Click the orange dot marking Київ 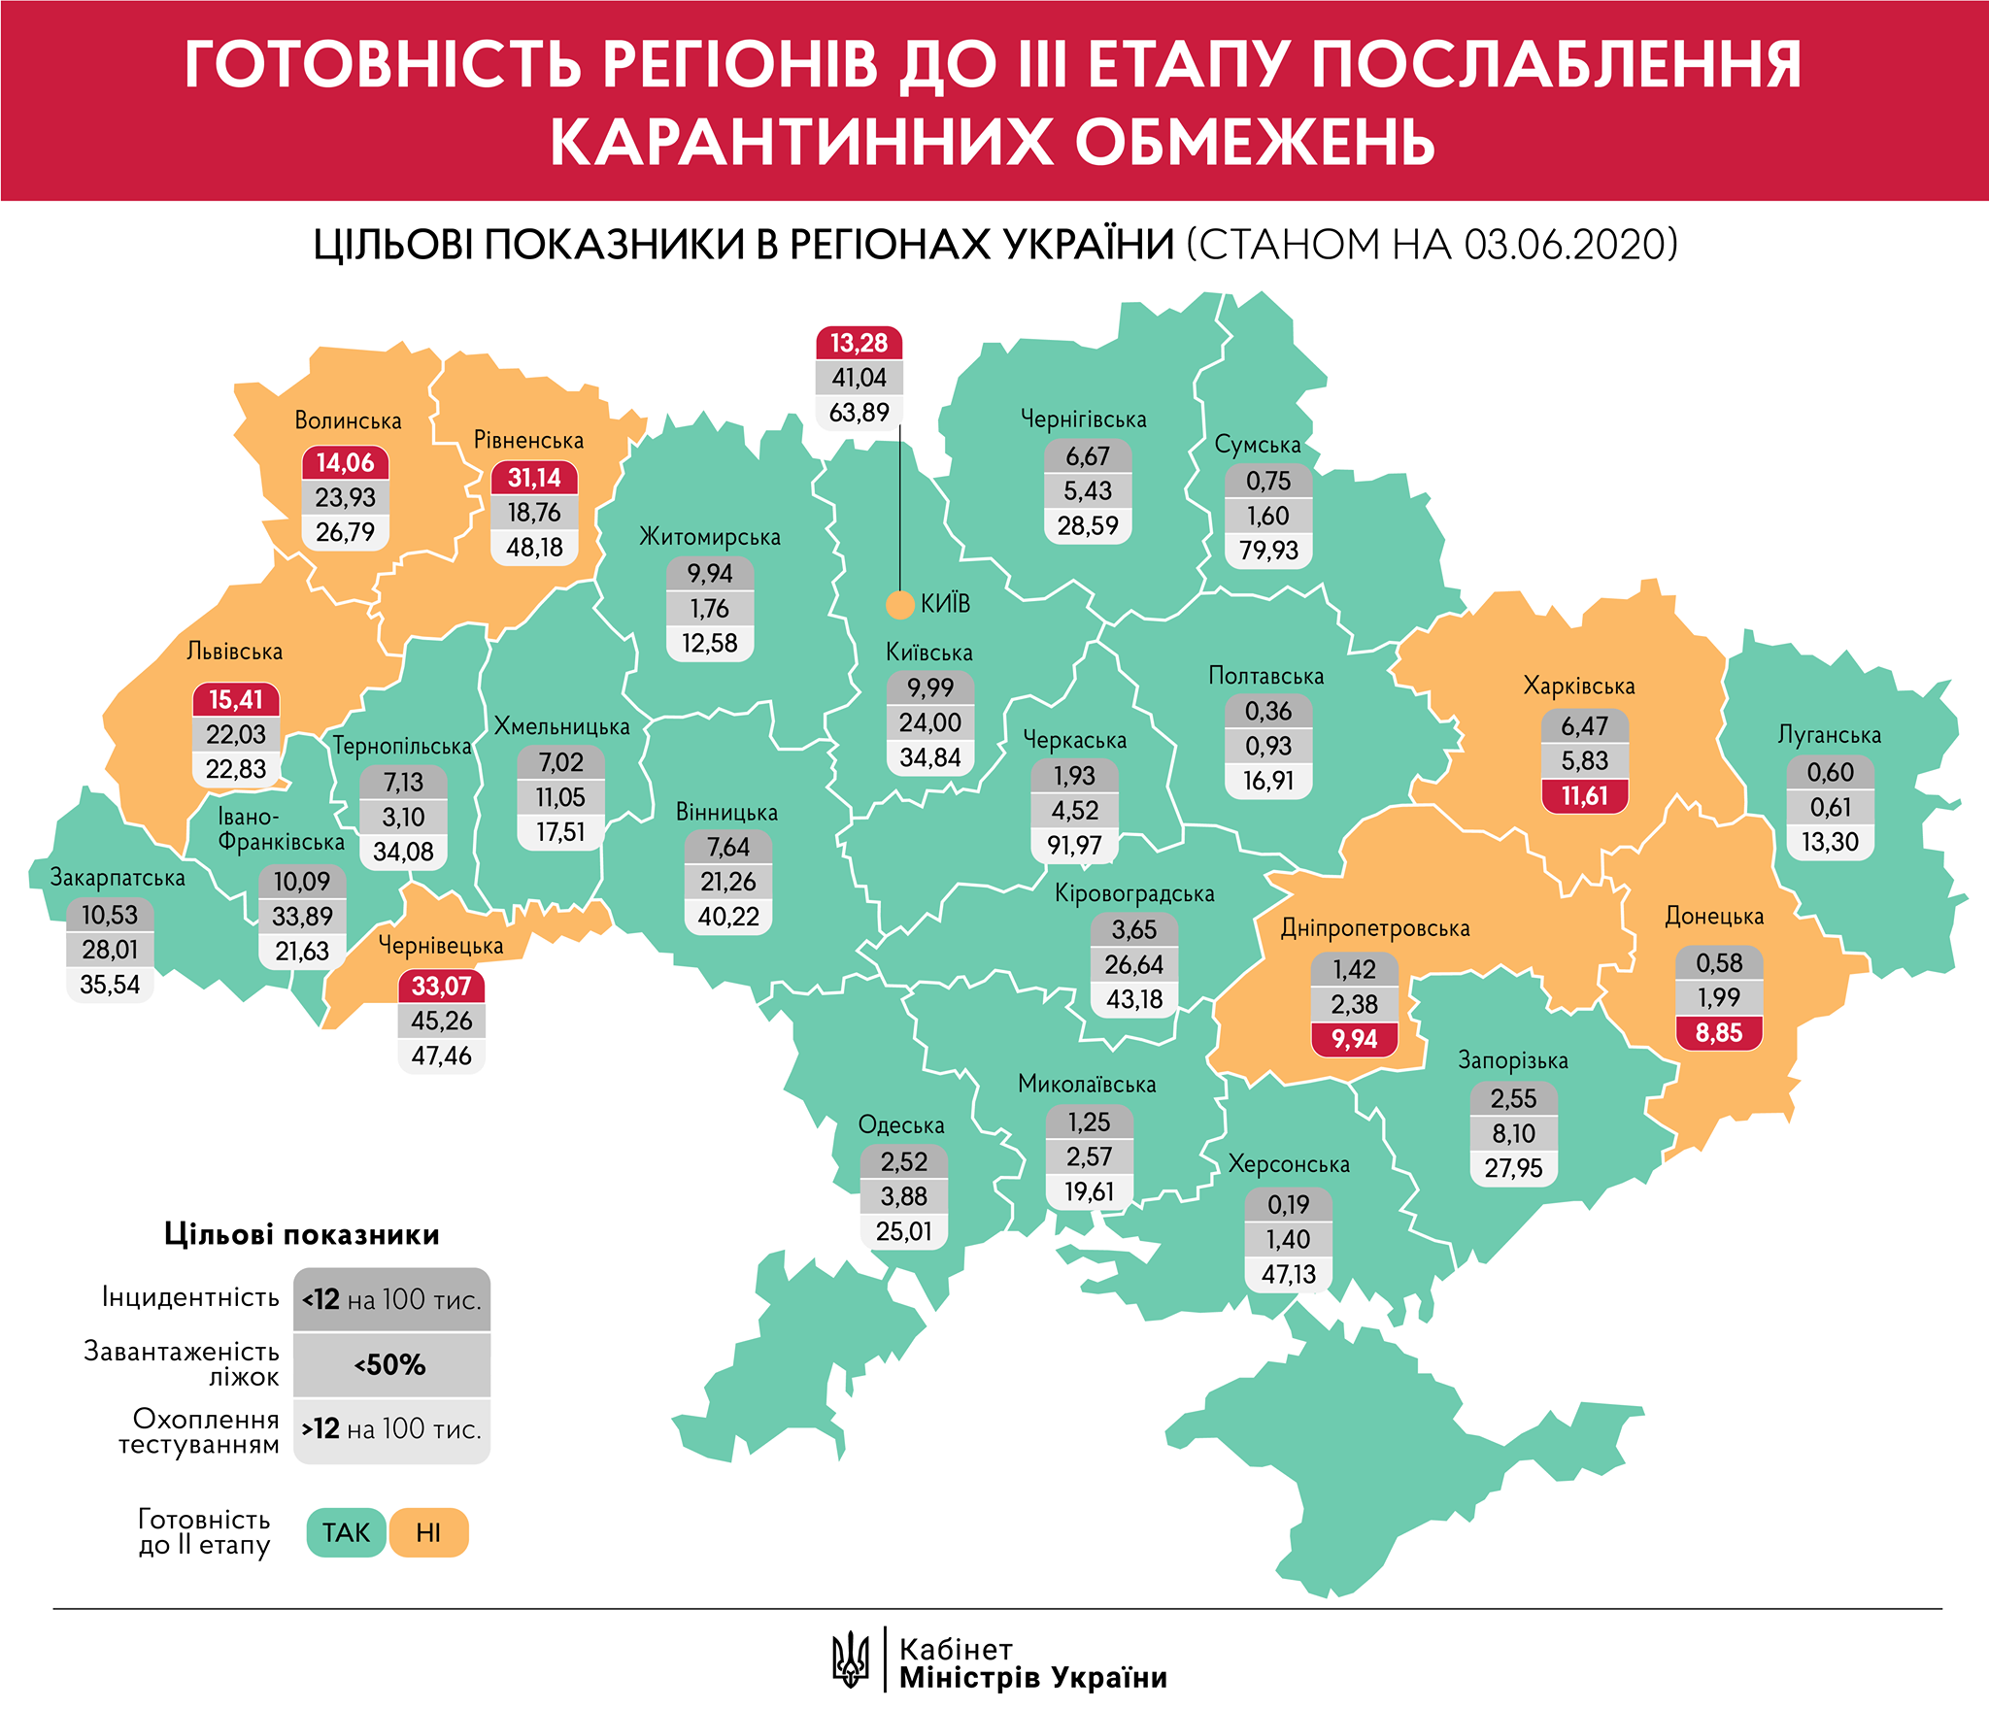pyautogui.click(x=900, y=605)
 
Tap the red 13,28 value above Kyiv pyautogui.click(x=859, y=344)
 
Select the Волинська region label pyautogui.click(x=348, y=421)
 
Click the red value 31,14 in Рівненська pyautogui.click(x=534, y=478)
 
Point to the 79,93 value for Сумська pyautogui.click(x=1268, y=551)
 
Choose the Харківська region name pyautogui.click(x=1578, y=687)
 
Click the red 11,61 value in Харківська pyautogui.click(x=1584, y=796)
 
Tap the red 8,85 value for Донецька pyautogui.click(x=1718, y=1033)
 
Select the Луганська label pyautogui.click(x=1829, y=735)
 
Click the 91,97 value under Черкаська pyautogui.click(x=1074, y=846)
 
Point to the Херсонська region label pyautogui.click(x=1288, y=1164)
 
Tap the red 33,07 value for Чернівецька pyautogui.click(x=441, y=987)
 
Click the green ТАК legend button pyautogui.click(x=346, y=1532)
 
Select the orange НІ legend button pyautogui.click(x=428, y=1532)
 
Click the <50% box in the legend pyautogui.click(x=391, y=1365)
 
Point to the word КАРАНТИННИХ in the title pyautogui.click(x=801, y=143)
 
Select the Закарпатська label pyautogui.click(x=118, y=878)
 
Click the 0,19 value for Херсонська pyautogui.click(x=1288, y=1205)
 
